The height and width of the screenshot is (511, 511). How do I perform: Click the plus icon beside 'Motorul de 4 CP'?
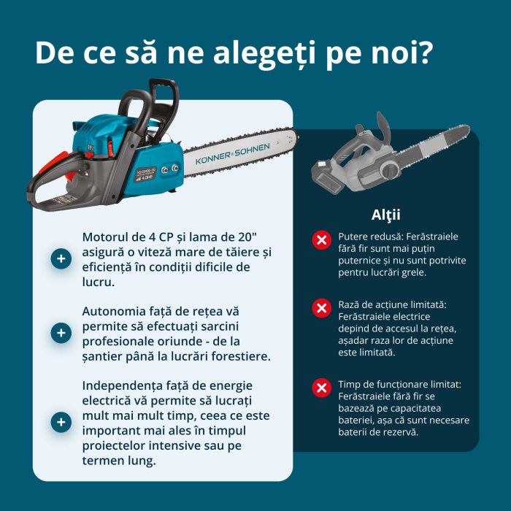tap(61, 258)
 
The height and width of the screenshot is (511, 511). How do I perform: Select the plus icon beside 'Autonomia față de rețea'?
tap(61, 333)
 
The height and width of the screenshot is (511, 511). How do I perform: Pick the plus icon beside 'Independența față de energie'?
tap(61, 422)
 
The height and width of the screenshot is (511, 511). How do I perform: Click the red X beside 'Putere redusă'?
tap(320, 239)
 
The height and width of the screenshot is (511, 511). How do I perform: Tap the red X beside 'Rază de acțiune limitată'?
tap(320, 308)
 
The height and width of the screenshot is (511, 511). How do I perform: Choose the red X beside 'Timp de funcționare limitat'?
tap(320, 388)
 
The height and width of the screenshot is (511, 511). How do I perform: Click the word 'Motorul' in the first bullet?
tap(108, 237)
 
